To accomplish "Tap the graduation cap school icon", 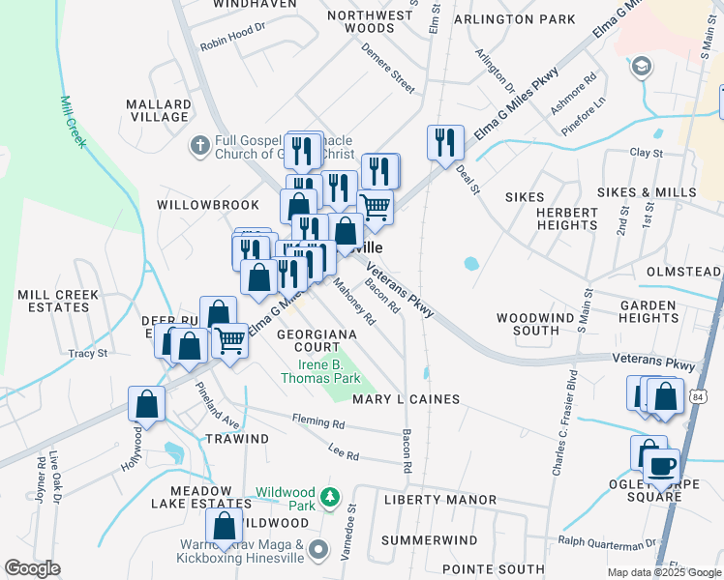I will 640,67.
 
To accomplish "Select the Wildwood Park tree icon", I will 331,497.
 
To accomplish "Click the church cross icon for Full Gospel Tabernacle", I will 199,146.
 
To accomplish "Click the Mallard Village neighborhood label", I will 158,110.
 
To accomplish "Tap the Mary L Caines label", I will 406,399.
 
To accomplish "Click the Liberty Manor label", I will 439,500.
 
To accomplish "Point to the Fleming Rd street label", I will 317,422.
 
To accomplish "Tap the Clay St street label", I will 646,153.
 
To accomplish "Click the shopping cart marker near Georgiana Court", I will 229,340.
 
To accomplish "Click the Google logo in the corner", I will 32,568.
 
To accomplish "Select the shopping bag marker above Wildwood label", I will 225,528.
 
